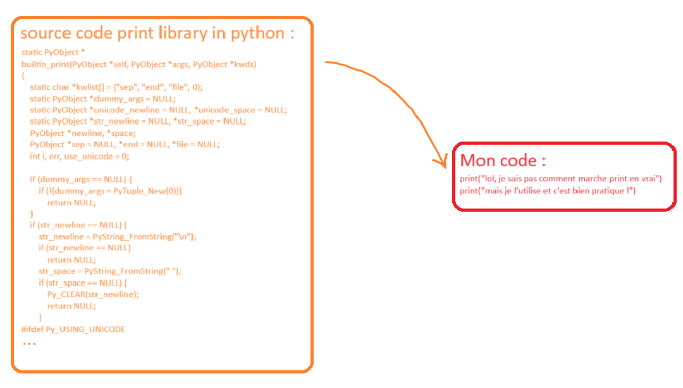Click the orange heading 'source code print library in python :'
157,33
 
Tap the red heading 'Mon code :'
503,159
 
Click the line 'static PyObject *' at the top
53,52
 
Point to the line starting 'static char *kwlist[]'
116,87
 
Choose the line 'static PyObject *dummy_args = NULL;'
102,99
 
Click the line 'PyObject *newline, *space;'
83,133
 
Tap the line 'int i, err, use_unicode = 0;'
80,156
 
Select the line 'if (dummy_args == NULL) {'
81,179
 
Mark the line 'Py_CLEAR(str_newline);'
93,294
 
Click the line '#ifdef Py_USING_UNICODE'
73,329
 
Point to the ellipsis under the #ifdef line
29,344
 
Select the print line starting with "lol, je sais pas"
560,179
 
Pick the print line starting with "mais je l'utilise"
548,190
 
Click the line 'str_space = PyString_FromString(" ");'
110,271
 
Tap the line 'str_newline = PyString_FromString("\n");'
118,236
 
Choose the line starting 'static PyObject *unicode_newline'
158,110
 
